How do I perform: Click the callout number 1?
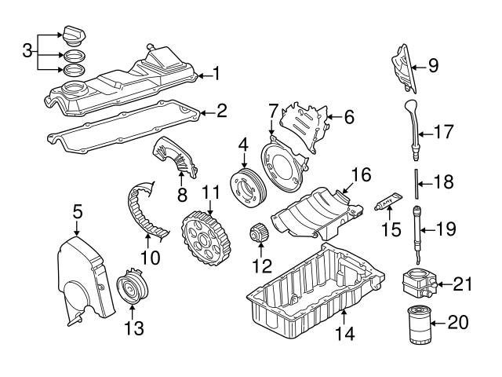[x=217, y=75]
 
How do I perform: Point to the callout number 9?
[x=432, y=67]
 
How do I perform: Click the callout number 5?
[x=77, y=210]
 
